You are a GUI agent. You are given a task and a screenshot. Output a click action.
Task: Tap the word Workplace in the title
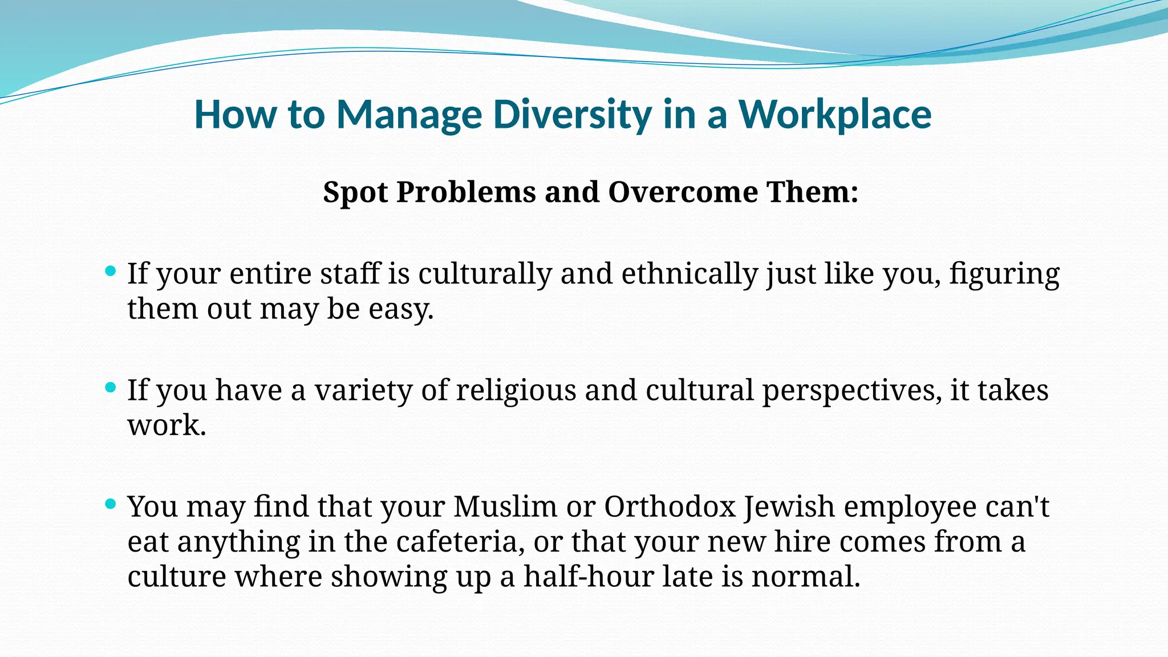[835, 115]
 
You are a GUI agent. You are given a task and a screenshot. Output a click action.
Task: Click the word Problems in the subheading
[466, 192]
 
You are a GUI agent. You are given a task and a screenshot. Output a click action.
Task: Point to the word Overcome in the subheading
[683, 192]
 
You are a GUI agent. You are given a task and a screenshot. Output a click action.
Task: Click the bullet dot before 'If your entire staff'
[111, 271]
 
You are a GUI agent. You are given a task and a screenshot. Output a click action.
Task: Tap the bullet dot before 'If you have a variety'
[111, 388]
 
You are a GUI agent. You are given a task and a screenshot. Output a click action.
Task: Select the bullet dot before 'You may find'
[111, 504]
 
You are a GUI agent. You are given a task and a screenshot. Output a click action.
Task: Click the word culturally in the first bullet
[485, 274]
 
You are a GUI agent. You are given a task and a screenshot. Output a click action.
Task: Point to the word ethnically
[689, 274]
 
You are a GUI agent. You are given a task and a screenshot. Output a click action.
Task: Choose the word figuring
[1004, 274]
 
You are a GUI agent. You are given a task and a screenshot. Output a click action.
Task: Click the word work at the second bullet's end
[165, 426]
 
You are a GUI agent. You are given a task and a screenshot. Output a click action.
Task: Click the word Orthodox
[670, 507]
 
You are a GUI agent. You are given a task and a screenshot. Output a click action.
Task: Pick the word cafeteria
[460, 542]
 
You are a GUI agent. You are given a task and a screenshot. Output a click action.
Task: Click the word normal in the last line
[805, 577]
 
